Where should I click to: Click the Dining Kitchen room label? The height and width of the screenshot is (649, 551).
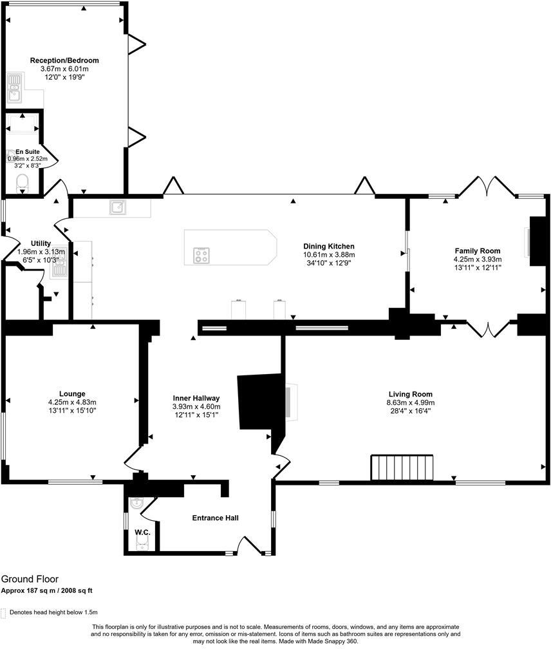click(x=329, y=246)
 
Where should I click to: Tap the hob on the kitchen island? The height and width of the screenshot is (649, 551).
click(x=201, y=256)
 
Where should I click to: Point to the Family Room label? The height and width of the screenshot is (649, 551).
click(x=477, y=251)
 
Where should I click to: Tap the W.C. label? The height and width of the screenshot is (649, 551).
click(x=142, y=532)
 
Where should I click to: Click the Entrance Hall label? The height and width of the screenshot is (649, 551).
click(x=216, y=518)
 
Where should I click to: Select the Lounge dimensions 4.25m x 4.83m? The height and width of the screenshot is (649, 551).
click(x=72, y=402)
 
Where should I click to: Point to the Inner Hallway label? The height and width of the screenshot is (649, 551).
click(x=196, y=398)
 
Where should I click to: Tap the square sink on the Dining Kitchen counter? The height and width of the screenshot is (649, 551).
click(x=118, y=207)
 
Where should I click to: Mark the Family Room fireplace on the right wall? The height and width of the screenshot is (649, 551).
click(x=536, y=241)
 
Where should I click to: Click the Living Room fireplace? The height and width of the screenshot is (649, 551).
click(x=292, y=402)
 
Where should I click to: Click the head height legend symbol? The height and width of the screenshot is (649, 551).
click(x=5, y=612)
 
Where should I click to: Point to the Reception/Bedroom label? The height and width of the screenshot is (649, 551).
click(x=64, y=61)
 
